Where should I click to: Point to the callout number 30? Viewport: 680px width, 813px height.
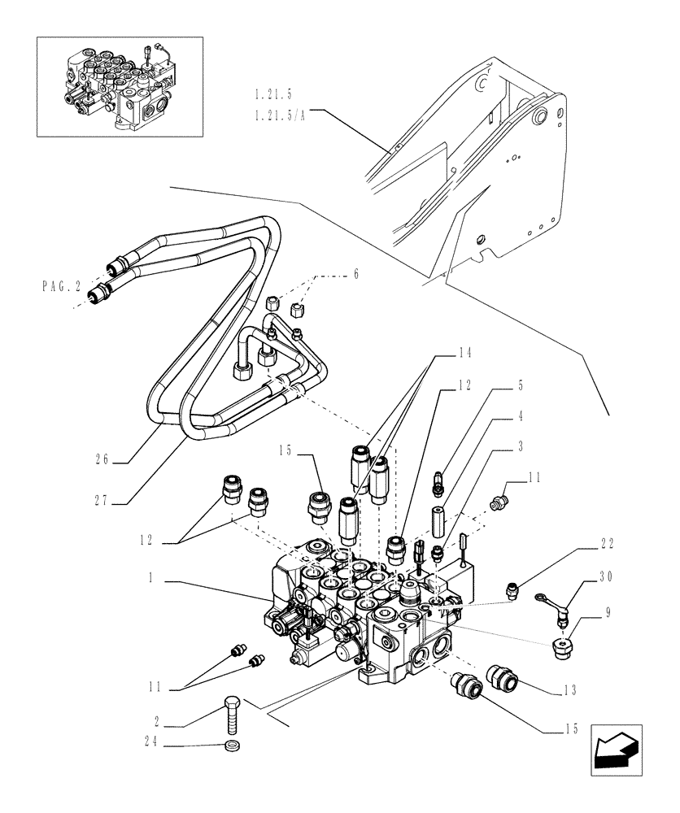(607, 577)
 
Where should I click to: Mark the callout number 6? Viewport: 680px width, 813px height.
(355, 276)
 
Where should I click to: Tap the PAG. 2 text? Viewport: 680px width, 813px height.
(61, 286)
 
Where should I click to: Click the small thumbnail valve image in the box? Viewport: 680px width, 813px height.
(119, 86)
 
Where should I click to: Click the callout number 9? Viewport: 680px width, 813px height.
(608, 611)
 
